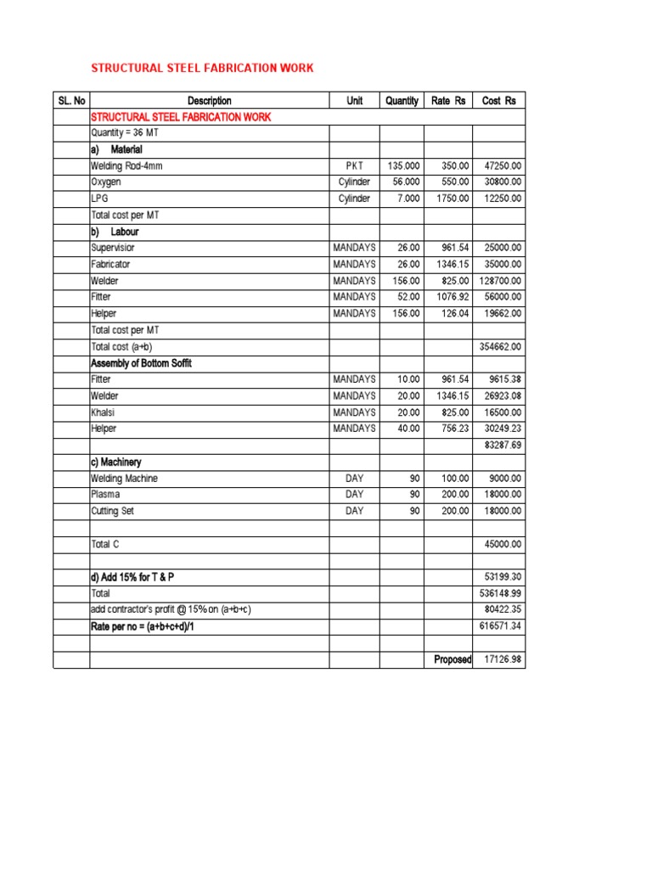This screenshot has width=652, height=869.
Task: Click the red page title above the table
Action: point(202,68)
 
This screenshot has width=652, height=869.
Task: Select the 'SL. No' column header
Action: point(71,101)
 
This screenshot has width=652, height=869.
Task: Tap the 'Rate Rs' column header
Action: point(448,101)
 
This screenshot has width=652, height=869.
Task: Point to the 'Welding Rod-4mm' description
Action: point(126,166)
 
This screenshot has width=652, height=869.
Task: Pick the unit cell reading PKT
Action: point(354,166)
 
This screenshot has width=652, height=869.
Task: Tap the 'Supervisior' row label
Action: point(113,248)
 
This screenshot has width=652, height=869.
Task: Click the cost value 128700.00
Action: point(500,281)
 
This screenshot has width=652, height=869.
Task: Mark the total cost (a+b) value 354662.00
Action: point(500,347)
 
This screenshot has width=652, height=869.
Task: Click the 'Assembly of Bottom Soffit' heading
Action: point(141,363)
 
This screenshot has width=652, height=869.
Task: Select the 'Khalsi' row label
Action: point(104,412)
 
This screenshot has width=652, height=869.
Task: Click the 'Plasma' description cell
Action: point(105,494)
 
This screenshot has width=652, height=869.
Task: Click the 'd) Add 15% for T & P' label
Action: point(138,577)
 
